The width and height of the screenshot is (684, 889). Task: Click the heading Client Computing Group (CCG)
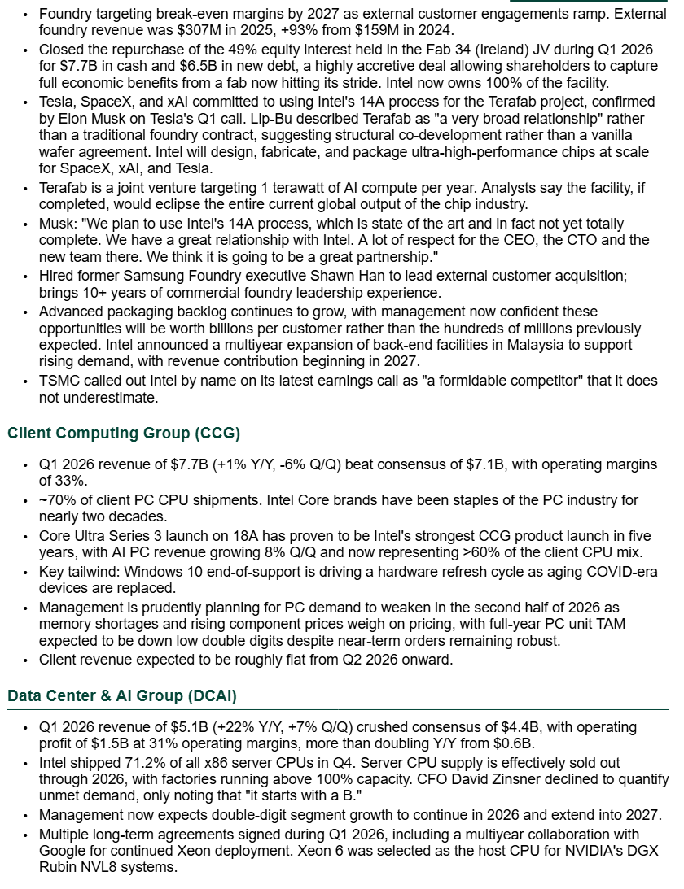(x=124, y=433)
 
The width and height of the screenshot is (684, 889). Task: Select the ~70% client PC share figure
(x=55, y=499)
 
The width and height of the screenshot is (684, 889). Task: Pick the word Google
(x=59, y=850)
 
